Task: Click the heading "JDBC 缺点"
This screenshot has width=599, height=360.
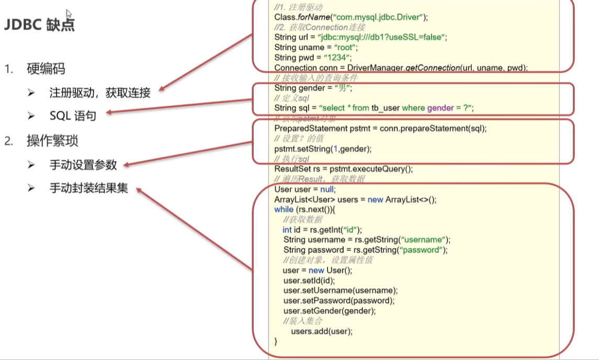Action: (40, 25)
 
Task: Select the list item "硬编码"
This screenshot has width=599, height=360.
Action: (46, 69)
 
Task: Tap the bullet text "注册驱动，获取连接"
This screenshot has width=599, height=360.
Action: (100, 93)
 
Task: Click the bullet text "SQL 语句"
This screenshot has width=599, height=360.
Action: (73, 116)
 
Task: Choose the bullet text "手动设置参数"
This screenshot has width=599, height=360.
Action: (83, 165)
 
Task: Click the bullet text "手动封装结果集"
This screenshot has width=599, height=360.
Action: (88, 188)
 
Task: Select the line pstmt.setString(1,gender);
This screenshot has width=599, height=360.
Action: (323, 149)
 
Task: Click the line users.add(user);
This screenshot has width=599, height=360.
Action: (322, 331)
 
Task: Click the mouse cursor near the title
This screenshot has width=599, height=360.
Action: (69, 13)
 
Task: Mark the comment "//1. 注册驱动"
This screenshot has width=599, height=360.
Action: (298, 7)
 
